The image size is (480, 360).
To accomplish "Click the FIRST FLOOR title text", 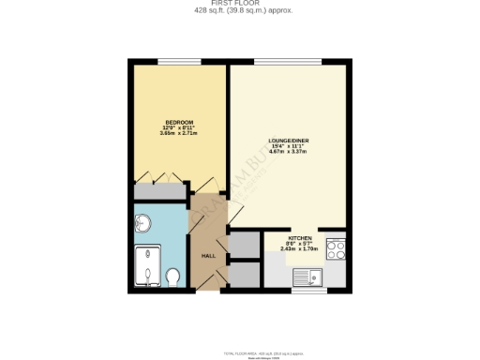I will click(x=239, y=5).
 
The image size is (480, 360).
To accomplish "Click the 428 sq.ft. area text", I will click(x=239, y=12).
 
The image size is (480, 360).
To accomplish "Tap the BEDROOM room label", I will click(x=179, y=122).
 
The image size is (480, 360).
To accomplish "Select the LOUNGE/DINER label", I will click(x=289, y=140).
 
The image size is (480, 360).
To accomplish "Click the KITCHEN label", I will click(x=300, y=239).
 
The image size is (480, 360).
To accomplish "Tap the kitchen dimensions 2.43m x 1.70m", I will click(x=300, y=250).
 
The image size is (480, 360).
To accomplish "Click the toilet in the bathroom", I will click(x=172, y=277).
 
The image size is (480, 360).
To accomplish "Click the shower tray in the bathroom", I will click(x=146, y=265).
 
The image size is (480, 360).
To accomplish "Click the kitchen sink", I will click(x=306, y=277).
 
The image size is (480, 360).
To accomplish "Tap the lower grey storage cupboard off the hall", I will click(x=244, y=275).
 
